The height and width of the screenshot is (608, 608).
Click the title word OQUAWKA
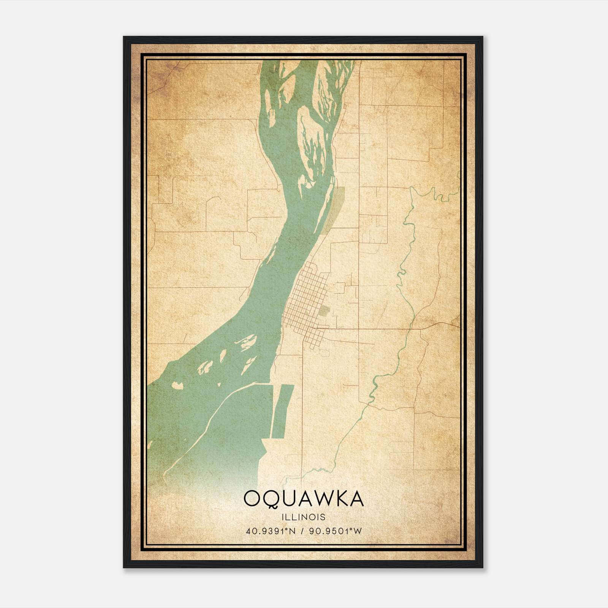pos(304,498)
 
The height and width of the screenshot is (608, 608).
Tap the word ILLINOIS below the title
pos(304,517)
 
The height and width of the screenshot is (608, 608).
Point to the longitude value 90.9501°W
pos(335,531)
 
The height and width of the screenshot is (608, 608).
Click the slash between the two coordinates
pos(302,531)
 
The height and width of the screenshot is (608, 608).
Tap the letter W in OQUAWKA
pos(323,498)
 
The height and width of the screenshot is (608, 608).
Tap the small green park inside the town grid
pos(324,311)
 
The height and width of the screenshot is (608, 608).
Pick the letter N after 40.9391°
pos(292,531)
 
